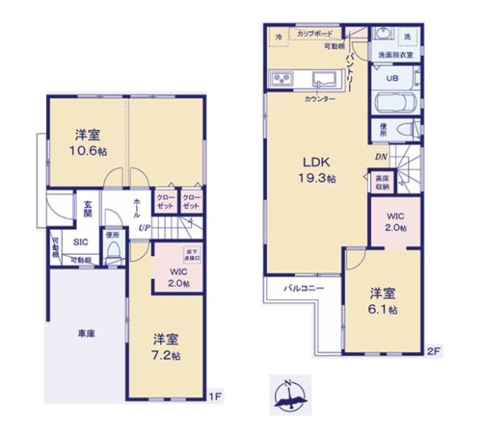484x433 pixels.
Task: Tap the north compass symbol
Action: [x=290, y=396]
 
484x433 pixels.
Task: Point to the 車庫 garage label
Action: [x=87, y=333]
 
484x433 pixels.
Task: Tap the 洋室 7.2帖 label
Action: [x=167, y=347]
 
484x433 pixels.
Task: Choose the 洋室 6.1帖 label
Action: [x=382, y=300]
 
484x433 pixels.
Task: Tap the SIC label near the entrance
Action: [x=81, y=241]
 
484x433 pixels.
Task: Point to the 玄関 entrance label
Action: [x=86, y=210]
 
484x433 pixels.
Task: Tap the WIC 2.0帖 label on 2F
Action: [x=395, y=223]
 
